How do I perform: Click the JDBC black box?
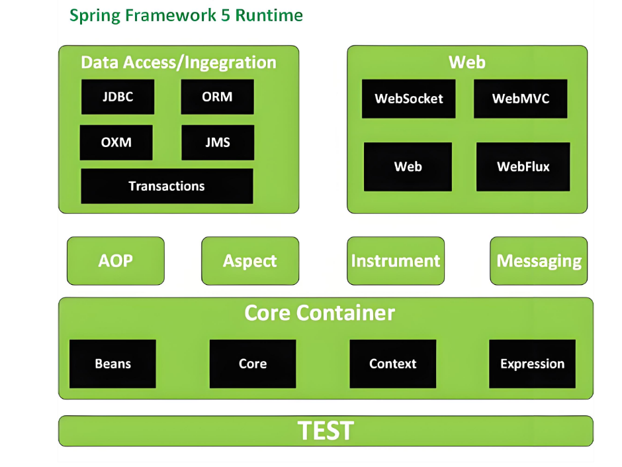118,97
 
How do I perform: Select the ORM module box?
218,97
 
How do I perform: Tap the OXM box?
116,142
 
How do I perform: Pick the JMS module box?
218,142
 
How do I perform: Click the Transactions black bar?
167,186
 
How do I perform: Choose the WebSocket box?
408,99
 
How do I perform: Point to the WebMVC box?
521,99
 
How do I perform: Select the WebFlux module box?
523,167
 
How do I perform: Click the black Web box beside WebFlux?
408,167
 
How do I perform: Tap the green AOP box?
115,261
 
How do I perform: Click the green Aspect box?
250,261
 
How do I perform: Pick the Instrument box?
396,261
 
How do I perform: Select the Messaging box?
539,261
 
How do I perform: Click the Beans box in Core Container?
112,364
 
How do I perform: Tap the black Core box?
253,364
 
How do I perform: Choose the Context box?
392,364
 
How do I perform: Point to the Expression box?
533,364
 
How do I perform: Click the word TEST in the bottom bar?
326,431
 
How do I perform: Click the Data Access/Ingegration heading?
179,63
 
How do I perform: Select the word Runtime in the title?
269,15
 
